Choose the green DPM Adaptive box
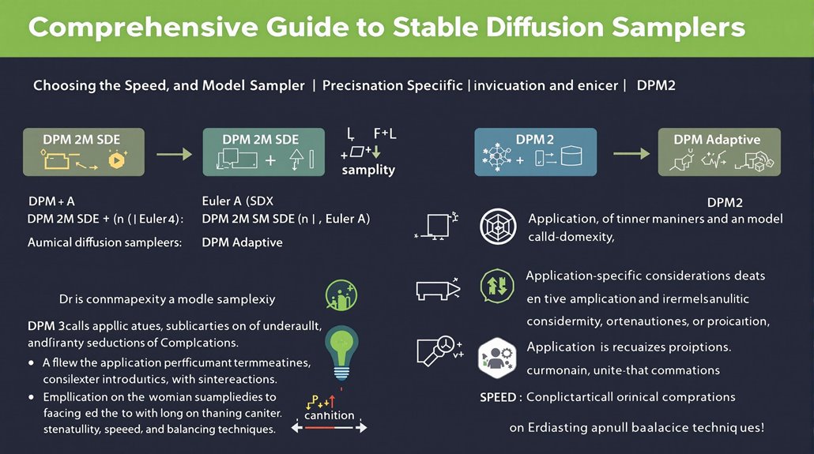pos(719,152)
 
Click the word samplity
pos(368,170)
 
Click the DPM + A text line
pos(51,201)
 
